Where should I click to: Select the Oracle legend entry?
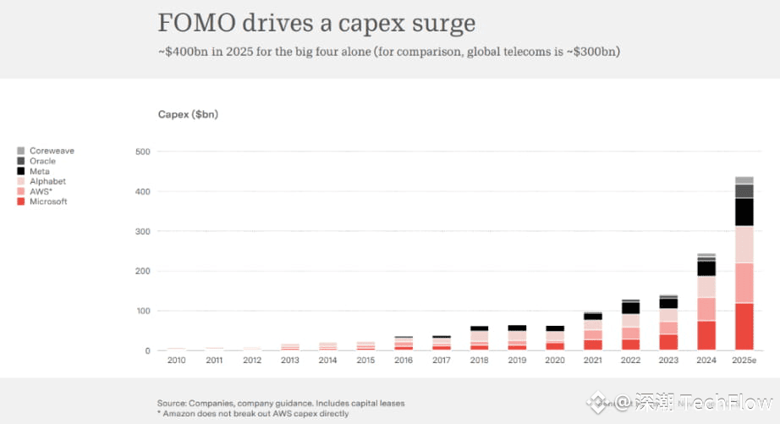pos(42,161)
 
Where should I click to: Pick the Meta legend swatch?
pos(20,171)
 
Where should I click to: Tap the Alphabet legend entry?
pos(47,181)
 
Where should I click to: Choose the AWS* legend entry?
pos(41,191)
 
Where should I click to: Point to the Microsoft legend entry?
pos(47,201)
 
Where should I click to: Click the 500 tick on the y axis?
pos(142,151)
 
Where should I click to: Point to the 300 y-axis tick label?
pos(142,231)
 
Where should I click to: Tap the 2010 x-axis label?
pos(176,361)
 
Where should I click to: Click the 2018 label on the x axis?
pos(479,361)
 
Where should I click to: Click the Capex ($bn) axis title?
pos(188,114)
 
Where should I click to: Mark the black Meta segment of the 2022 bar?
pos(630,308)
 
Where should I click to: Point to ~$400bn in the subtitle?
pos(179,52)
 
